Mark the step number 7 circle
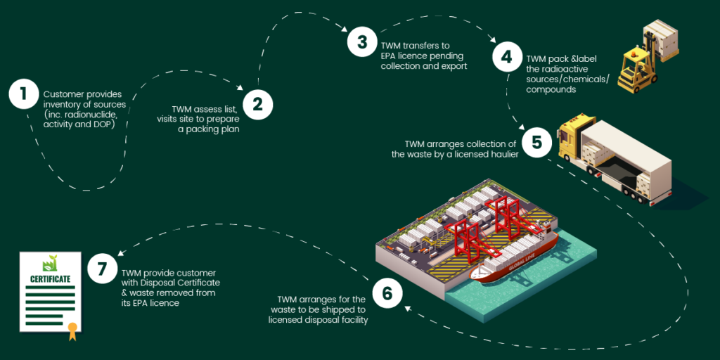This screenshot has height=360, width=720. pyautogui.click(x=102, y=269)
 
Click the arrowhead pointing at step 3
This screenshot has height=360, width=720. pyautogui.click(x=344, y=30)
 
